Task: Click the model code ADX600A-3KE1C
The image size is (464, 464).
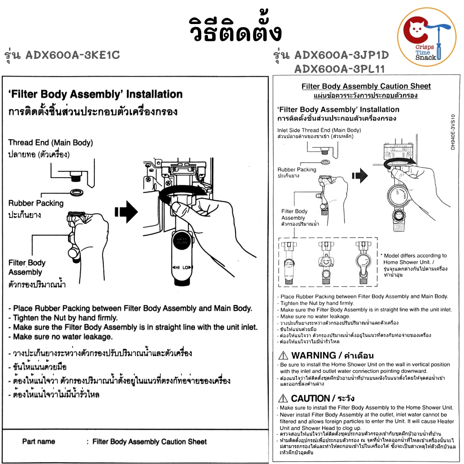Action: pos(72,55)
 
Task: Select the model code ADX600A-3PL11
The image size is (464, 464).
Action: pos(339,69)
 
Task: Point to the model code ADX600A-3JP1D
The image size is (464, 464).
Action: pos(342,55)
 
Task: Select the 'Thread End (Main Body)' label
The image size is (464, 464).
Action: pos(50,143)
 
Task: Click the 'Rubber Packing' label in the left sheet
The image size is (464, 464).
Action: pos(36,203)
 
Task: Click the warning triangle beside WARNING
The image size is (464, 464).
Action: pos(283,356)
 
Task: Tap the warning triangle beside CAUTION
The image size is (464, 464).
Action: pos(283,399)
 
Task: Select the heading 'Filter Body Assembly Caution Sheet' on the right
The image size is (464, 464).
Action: pos(366,86)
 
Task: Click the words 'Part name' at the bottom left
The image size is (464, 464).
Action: pos(39,441)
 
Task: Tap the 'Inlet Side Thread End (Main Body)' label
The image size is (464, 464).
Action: pos(325,130)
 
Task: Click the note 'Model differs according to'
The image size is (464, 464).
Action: pos(415,256)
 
